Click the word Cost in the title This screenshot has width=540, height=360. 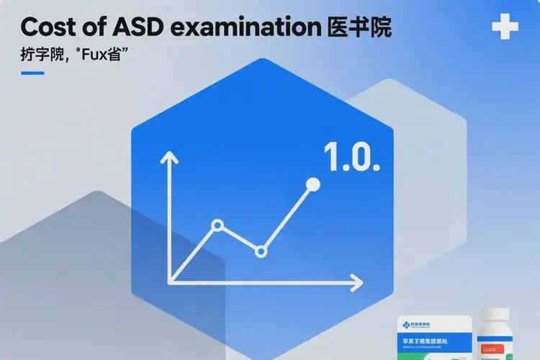point(49,27)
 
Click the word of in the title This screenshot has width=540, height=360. point(95,27)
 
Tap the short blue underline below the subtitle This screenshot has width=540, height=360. point(32,72)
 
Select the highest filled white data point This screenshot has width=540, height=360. point(312,184)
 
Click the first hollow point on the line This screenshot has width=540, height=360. point(217,225)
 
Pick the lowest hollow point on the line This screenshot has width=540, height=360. point(261,251)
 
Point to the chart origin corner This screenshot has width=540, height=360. point(171,281)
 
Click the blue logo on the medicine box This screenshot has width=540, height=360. point(408,325)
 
